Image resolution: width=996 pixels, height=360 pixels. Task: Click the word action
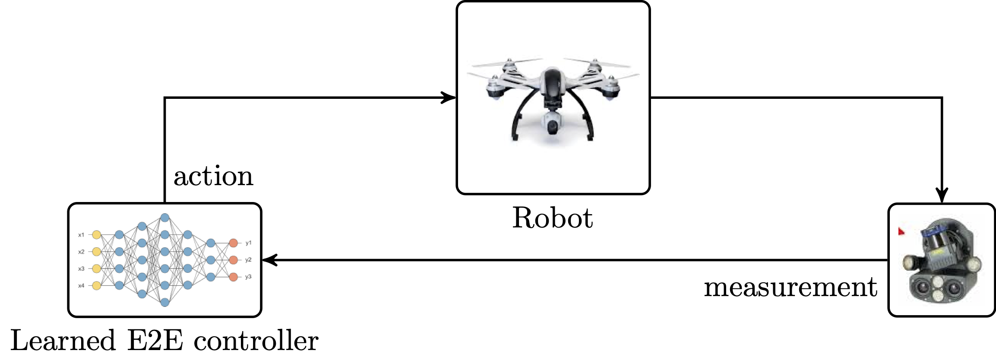pyautogui.click(x=213, y=177)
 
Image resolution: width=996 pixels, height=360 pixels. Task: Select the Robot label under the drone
pyautogui.click(x=552, y=218)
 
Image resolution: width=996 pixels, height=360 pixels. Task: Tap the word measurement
pyautogui.click(x=790, y=287)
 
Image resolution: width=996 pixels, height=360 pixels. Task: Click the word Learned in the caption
pyautogui.click(x=63, y=341)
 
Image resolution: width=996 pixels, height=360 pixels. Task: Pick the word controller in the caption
pyautogui.click(x=256, y=341)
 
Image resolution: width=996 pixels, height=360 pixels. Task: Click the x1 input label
pyautogui.click(x=81, y=235)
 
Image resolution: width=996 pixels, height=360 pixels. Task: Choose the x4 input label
pyautogui.click(x=81, y=285)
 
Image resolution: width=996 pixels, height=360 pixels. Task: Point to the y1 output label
pyautogui.click(x=248, y=243)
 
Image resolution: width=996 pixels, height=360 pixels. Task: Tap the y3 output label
pyautogui.click(x=248, y=277)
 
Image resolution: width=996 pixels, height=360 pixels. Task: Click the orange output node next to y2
pyautogui.click(x=233, y=260)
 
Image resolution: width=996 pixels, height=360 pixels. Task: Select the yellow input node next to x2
pyautogui.click(x=97, y=252)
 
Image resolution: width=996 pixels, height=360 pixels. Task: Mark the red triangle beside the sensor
pyautogui.click(x=901, y=232)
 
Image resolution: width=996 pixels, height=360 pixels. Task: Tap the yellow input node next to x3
pyautogui.click(x=97, y=268)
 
